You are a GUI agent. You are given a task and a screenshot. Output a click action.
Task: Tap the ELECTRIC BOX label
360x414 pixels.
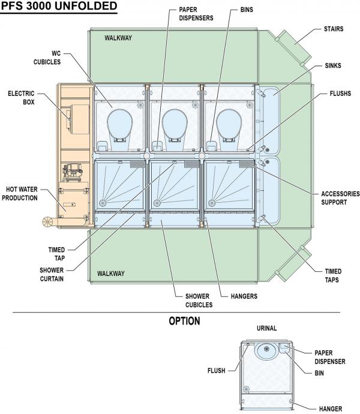pyautogui.click(x=21, y=98)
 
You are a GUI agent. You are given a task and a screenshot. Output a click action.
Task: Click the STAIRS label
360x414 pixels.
pyautogui.click(x=334, y=28)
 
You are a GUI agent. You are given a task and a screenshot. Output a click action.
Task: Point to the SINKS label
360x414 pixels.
pyautogui.click(x=332, y=65)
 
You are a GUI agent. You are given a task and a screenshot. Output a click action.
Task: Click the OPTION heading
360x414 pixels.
pyautogui.click(x=184, y=322)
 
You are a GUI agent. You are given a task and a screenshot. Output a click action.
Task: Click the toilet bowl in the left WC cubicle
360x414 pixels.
pyautogui.click(x=120, y=122)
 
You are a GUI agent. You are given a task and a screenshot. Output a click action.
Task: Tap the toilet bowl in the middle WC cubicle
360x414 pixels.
pyautogui.click(x=175, y=122)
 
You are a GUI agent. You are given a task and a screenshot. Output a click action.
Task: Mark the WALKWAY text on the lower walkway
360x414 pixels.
pyautogui.click(x=111, y=274)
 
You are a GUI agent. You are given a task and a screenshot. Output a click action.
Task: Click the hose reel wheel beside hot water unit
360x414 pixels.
pyautogui.click(x=46, y=222)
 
